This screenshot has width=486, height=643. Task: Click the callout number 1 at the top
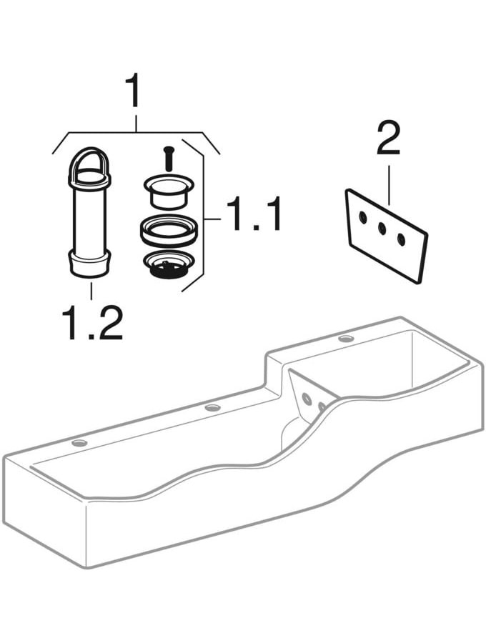133,90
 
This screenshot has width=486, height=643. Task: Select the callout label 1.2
92,322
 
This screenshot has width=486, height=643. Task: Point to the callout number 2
388,138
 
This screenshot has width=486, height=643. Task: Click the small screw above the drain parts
167,159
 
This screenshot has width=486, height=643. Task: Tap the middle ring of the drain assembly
169,230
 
